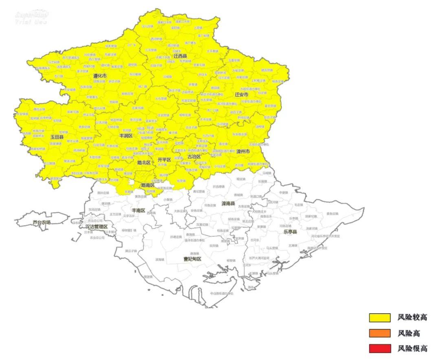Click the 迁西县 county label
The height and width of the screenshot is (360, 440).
(x=180, y=56)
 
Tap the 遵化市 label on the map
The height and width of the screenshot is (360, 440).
(x=100, y=76)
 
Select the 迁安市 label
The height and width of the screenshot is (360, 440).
(x=242, y=94)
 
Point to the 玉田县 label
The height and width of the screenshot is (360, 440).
(x=57, y=137)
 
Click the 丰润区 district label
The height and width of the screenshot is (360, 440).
(x=126, y=135)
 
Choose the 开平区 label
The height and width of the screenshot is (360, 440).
(x=164, y=160)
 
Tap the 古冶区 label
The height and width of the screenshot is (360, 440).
(x=194, y=156)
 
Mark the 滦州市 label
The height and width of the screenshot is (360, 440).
(x=243, y=151)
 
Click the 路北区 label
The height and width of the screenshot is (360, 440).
(x=144, y=162)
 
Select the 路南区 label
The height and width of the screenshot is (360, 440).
(x=147, y=185)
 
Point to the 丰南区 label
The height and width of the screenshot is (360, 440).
(x=139, y=210)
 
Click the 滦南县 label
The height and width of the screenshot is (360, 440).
(x=228, y=203)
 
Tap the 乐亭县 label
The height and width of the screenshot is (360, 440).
(x=290, y=231)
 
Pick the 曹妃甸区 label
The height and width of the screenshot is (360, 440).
(x=192, y=259)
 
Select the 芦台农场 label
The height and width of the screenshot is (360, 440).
(x=42, y=222)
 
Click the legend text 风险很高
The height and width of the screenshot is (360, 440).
(x=412, y=349)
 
